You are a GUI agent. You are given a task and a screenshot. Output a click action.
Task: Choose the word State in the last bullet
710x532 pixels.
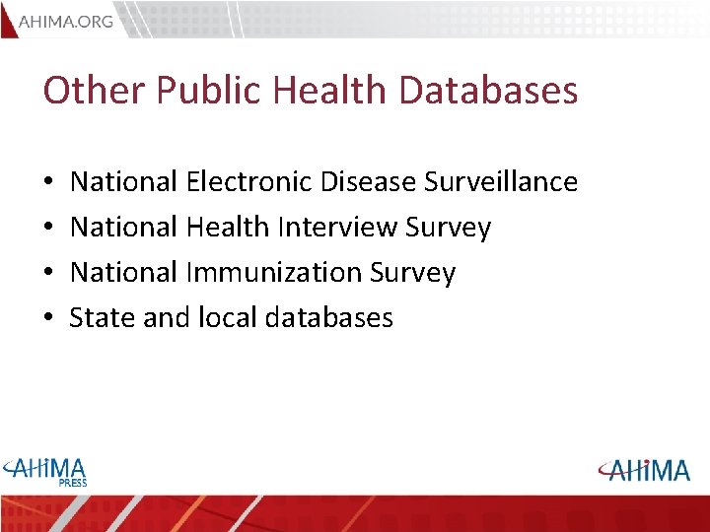[97, 317]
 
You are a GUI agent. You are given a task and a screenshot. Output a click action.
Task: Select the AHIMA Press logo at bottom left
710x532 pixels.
[46, 470]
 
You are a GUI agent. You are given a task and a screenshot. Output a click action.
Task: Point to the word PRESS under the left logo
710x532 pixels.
[72, 483]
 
